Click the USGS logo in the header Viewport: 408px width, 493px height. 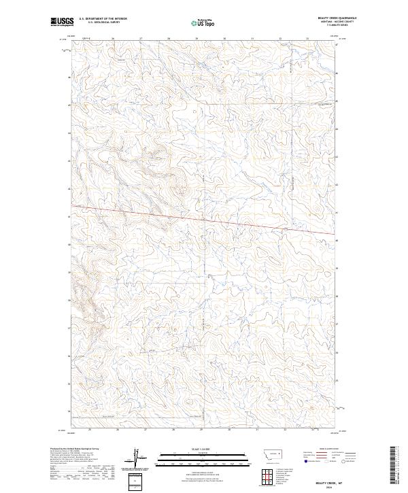coord(62,22)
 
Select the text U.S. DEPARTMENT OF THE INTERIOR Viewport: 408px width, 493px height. coord(103,19)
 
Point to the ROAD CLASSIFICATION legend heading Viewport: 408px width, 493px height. coord(322,449)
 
